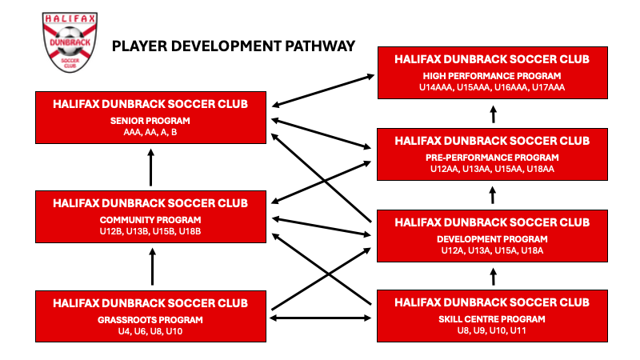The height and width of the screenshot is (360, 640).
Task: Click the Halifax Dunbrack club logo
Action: click(66, 46)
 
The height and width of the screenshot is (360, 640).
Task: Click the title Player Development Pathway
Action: click(234, 46)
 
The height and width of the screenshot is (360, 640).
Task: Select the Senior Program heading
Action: click(150, 121)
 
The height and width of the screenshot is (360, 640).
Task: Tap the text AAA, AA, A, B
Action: click(150, 132)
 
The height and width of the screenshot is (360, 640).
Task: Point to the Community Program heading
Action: click(150, 220)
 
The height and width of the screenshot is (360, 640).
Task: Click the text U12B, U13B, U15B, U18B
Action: click(150, 231)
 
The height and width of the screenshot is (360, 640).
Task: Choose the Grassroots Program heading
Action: click(150, 319)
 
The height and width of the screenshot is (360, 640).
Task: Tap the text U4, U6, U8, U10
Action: click(150, 330)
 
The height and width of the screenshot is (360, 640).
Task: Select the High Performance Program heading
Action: click(493, 76)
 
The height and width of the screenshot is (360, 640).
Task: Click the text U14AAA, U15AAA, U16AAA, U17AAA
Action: click(493, 87)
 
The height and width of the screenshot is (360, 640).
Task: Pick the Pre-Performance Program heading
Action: click(493, 158)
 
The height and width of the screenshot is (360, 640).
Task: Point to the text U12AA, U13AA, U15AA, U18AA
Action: click(493, 169)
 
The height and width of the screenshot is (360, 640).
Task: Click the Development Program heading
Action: click(493, 239)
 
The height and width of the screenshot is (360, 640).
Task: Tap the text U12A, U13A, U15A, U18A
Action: click(493, 250)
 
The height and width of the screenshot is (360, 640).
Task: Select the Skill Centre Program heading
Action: click(493, 319)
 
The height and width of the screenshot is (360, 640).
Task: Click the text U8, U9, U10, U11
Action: click(493, 330)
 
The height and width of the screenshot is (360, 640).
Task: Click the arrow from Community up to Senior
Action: click(150, 166)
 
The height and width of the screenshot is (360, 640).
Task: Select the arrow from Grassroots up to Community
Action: click(150, 267)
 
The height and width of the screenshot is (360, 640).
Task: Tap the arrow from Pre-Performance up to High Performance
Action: click(493, 114)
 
